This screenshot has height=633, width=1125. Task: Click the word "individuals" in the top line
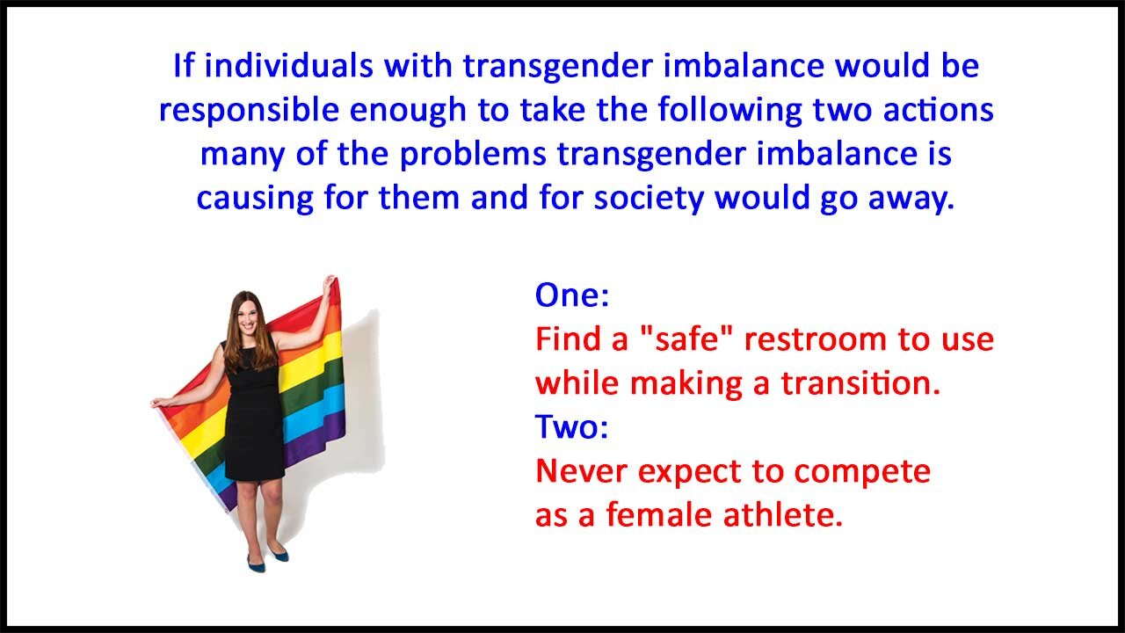coord(289,66)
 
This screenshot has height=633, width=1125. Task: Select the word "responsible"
coord(249,111)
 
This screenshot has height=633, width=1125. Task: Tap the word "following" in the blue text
coord(729,111)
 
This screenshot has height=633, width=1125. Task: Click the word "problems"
coord(473,154)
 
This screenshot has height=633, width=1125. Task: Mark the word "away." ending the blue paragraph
coord(911,199)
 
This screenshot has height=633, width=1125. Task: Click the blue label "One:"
coord(572,295)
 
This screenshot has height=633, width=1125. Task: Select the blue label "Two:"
coord(571,427)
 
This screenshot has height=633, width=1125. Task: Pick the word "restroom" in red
coord(814,339)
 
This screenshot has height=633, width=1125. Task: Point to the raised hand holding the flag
coord(329,283)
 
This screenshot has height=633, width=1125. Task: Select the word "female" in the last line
coord(658,515)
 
